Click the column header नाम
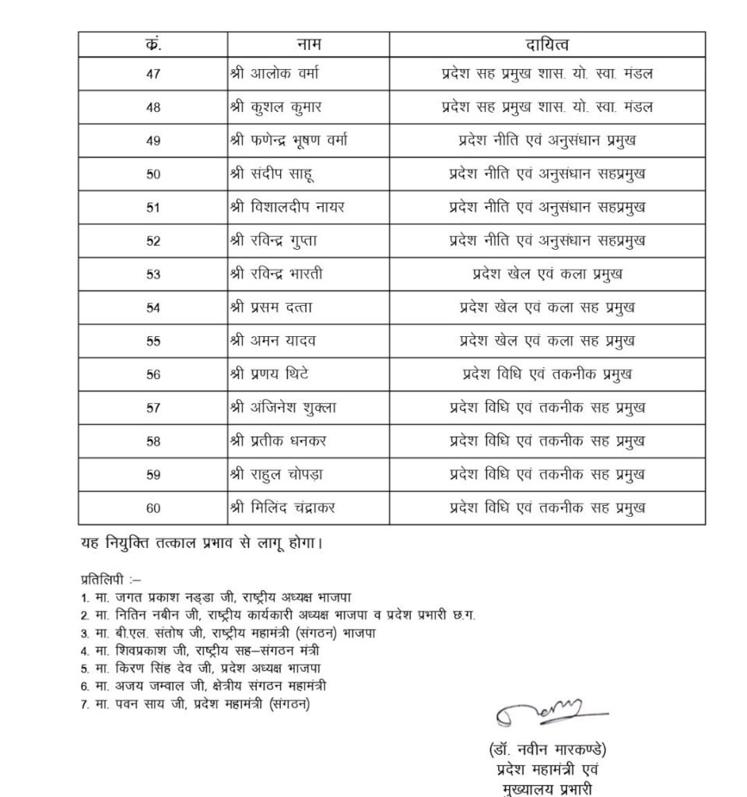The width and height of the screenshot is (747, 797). coord(308,44)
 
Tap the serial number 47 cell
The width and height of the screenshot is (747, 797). coord(153,75)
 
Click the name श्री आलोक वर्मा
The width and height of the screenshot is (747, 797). coord(274,75)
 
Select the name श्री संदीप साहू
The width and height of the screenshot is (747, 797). coord(272,174)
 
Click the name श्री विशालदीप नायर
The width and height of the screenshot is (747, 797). coord(287,207)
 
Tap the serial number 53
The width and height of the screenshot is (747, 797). coord(153,274)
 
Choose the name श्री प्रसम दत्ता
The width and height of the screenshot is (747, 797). coord(272,307)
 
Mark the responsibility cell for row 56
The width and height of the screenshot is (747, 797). coord(547,374)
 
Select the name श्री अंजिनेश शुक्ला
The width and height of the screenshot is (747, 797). coord(282,407)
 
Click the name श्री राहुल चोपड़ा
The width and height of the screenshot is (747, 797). coord(279,474)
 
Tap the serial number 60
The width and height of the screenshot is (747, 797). coord(153,508)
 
